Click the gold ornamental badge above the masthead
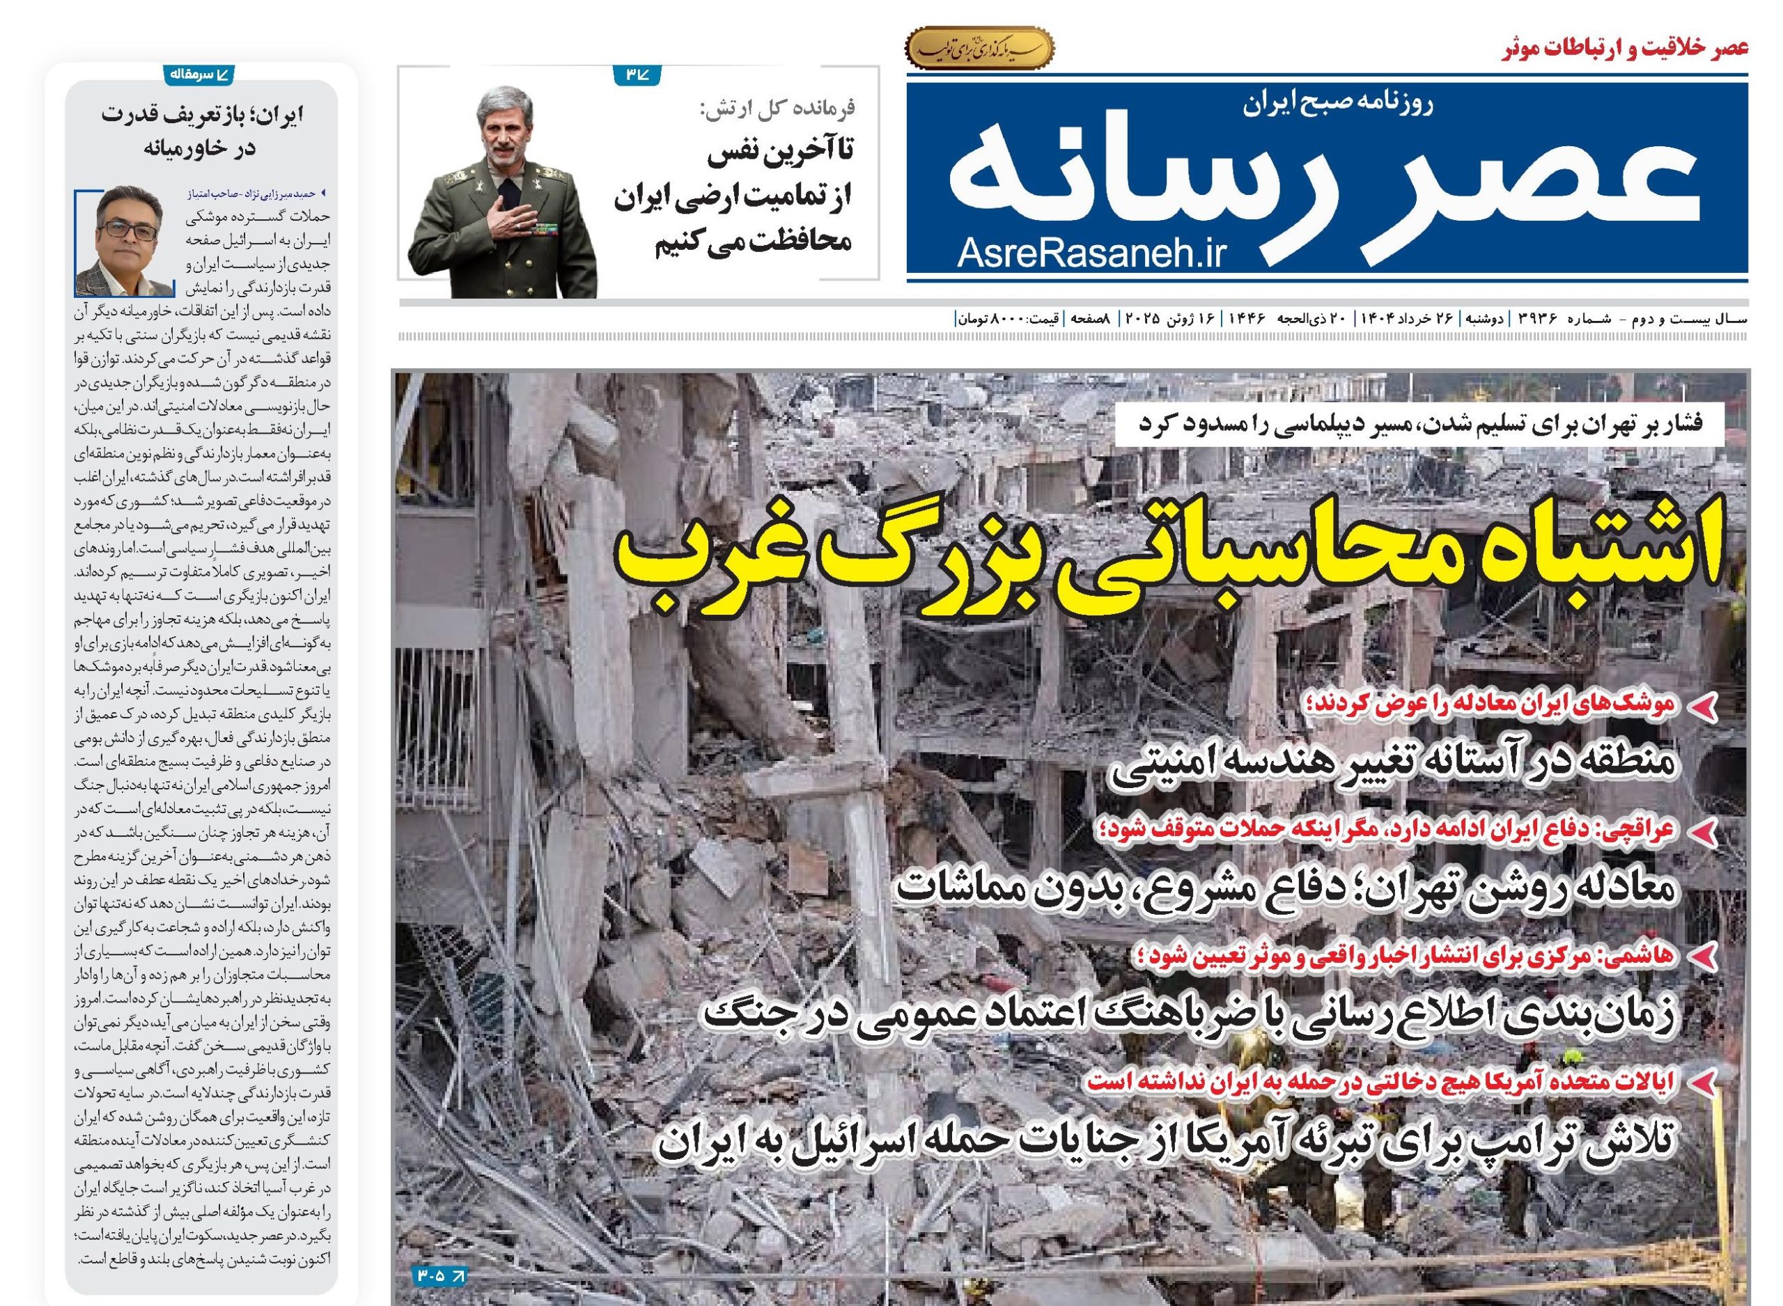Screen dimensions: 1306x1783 [x=980, y=49]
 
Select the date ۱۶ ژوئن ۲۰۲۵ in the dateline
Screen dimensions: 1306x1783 [x=1171, y=320]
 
